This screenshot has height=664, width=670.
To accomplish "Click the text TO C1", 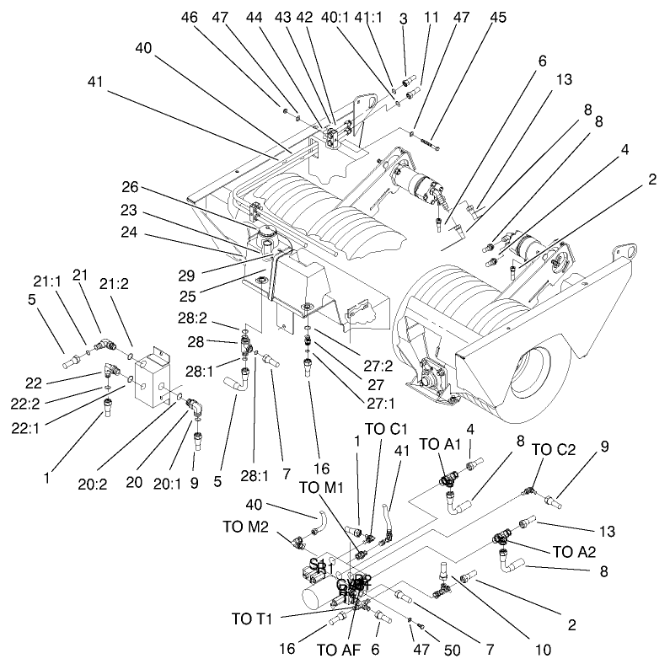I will [x=387, y=427].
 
